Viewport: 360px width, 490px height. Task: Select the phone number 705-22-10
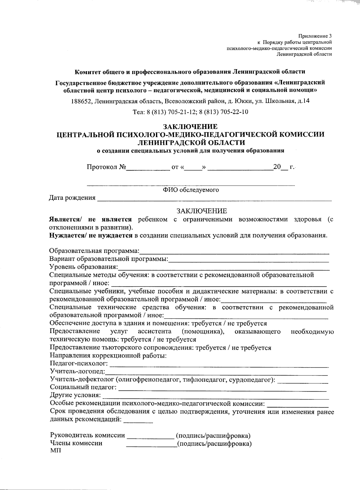[x=234, y=112]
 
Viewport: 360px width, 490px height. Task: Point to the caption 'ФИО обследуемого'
[x=191, y=190]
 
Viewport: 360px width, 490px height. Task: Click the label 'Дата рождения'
[x=72, y=198]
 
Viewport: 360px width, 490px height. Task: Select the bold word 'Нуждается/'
[x=68, y=235]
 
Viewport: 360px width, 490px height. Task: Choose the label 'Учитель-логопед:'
[x=77, y=372]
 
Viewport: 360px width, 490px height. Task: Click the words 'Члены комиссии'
[x=76, y=444]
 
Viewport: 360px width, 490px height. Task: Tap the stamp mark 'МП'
[x=55, y=451]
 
